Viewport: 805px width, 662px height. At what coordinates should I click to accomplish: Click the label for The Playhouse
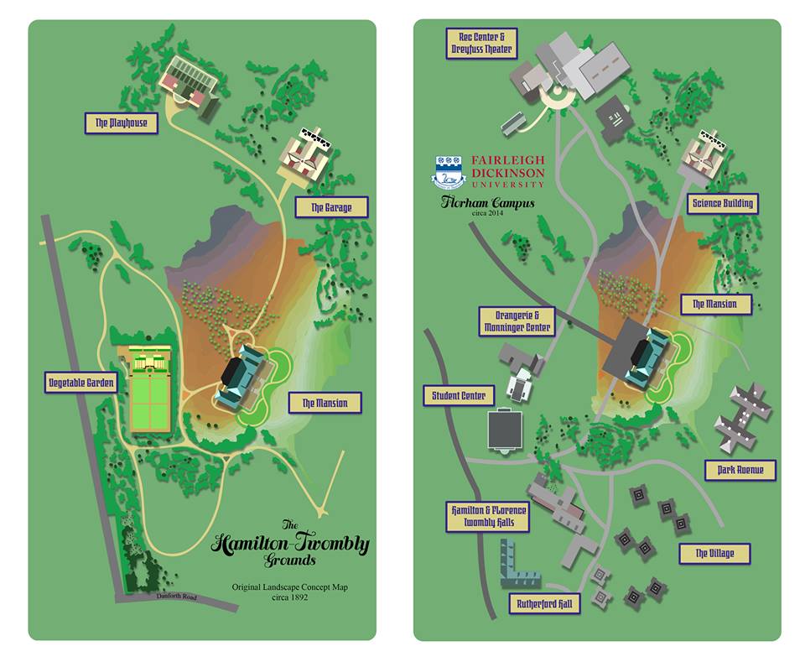(x=121, y=123)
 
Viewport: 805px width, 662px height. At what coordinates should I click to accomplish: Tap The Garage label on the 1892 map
(x=330, y=207)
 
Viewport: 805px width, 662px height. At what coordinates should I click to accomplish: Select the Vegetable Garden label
(x=80, y=383)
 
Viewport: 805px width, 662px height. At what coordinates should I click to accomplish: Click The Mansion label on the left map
(x=325, y=404)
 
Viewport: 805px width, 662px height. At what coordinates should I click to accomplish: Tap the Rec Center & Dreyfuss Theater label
(x=482, y=43)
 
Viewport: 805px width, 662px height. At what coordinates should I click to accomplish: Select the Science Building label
(x=721, y=203)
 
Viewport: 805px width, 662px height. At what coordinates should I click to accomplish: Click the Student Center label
(x=459, y=395)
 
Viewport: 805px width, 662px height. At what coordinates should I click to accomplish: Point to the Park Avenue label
(x=740, y=470)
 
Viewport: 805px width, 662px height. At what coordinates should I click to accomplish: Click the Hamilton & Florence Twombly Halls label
(x=489, y=516)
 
